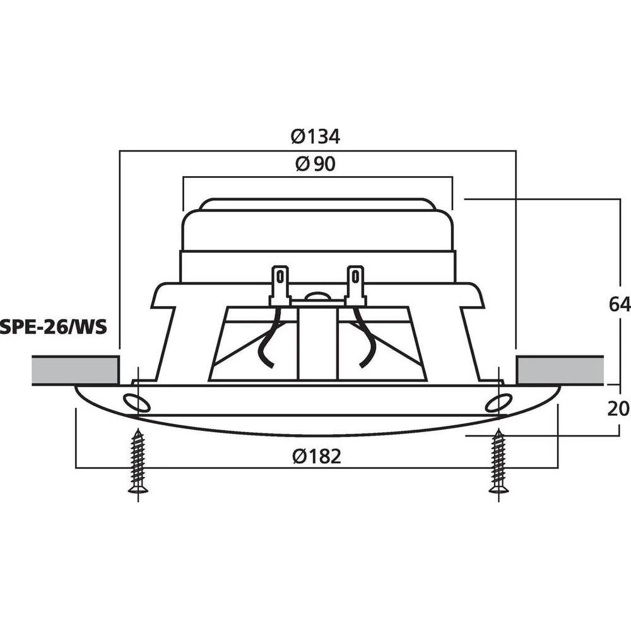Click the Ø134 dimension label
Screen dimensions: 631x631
coord(315,136)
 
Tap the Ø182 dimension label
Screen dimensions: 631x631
coord(316,456)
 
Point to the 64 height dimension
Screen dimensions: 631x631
coord(619,305)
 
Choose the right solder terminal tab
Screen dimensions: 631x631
coord(355,283)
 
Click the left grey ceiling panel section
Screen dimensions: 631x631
coord(75,370)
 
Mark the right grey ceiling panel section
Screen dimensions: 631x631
coord(559,370)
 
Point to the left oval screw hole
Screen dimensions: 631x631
coord(136,402)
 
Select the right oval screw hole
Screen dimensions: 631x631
coord(498,402)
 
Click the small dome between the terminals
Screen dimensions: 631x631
coord(317,295)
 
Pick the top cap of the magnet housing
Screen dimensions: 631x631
coord(317,204)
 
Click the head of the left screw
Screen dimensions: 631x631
coord(138,487)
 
